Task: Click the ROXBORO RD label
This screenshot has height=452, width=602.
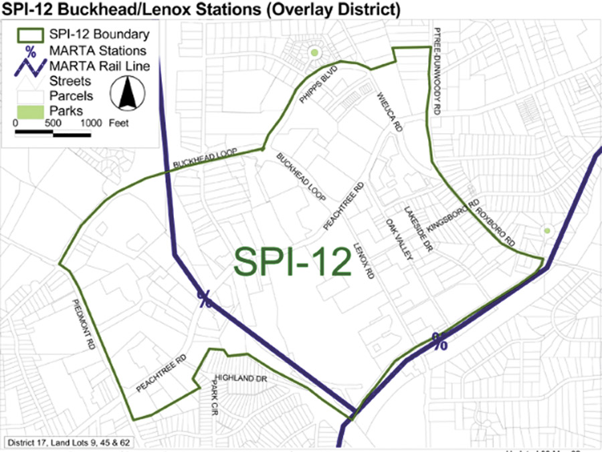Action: (496, 223)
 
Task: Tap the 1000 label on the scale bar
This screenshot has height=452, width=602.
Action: (91, 123)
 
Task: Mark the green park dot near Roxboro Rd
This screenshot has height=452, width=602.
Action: (547, 231)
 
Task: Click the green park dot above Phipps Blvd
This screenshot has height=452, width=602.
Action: (312, 52)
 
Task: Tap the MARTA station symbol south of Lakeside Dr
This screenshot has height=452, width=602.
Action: (439, 341)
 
